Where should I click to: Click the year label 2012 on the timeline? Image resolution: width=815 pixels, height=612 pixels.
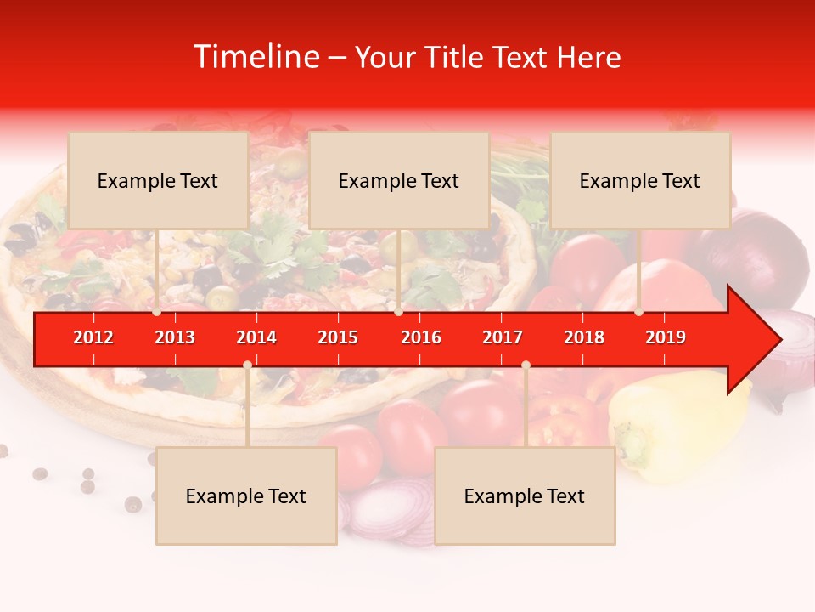[x=93, y=337]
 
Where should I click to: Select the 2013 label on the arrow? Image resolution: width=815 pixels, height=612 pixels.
[x=175, y=337]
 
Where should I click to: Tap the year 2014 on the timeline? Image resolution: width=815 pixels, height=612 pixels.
[x=256, y=337]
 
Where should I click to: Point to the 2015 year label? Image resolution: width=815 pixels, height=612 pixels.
[x=338, y=337]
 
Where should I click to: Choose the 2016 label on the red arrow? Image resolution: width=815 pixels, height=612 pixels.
[x=421, y=337]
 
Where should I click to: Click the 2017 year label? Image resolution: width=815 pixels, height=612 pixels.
[x=503, y=337]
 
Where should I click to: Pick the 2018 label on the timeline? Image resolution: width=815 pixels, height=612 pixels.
[x=584, y=337]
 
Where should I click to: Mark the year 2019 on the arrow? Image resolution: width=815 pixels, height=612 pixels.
[x=666, y=337]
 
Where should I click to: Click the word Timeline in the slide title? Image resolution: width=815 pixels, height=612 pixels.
[x=255, y=57]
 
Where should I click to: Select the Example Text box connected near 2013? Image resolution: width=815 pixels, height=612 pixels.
[x=158, y=180]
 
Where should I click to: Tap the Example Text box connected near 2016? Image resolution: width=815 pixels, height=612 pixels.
[x=399, y=180]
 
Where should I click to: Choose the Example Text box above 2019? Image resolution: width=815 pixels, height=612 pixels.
[x=640, y=180]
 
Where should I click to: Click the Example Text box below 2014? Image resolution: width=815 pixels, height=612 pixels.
[x=246, y=496]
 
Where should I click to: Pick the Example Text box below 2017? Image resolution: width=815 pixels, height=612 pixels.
[x=525, y=496]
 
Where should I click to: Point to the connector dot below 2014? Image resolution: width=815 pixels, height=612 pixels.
[x=247, y=365]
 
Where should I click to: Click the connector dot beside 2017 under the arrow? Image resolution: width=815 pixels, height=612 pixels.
[x=526, y=365]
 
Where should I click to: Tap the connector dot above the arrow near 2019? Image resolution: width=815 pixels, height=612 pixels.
[x=638, y=312]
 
